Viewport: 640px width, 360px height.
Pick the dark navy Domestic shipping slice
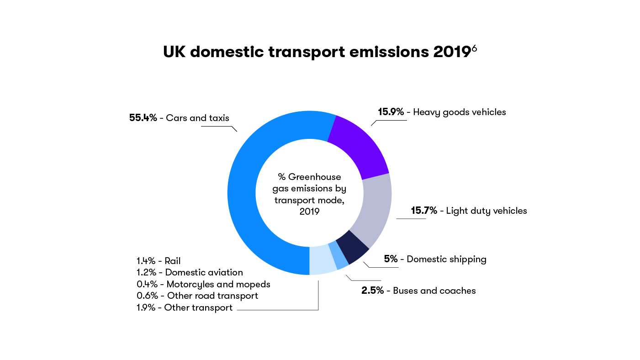coord(352,247)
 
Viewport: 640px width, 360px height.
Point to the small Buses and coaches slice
coord(341,261)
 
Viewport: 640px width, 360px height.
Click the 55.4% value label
coord(143,118)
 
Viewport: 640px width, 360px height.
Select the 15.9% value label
coord(391,112)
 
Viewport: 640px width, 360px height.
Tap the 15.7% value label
coord(424,211)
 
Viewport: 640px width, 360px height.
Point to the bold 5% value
coord(391,259)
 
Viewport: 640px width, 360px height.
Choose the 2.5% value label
coord(372,291)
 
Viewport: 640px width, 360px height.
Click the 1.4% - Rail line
coord(159,261)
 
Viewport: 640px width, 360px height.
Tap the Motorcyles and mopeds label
coord(218,284)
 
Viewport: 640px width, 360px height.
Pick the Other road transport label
coord(212,296)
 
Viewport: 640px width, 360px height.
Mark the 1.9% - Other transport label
coord(185,307)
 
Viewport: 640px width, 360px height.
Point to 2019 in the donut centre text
coord(310,212)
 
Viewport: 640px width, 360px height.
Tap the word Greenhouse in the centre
coord(314,177)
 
